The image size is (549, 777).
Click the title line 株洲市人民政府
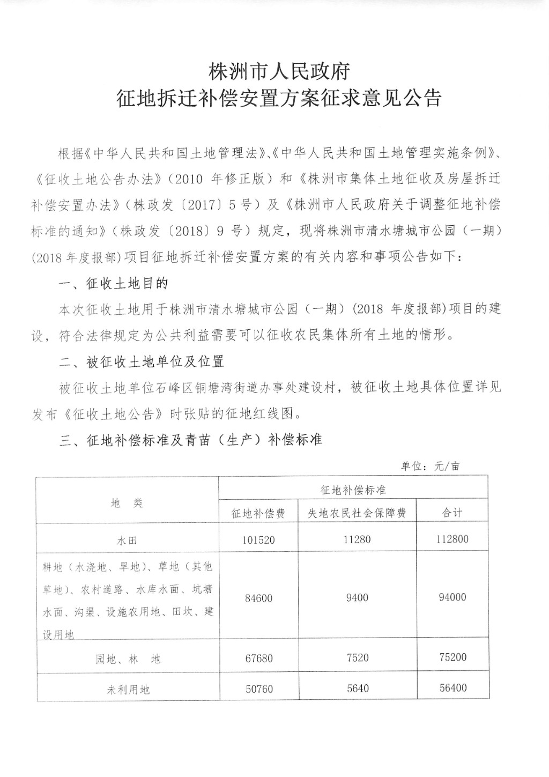coord(279,71)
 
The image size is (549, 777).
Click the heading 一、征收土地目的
coord(114,283)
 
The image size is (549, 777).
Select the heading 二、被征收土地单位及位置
coord(142,362)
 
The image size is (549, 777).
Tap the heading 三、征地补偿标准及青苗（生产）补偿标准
coord(190,441)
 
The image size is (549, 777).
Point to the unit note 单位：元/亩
coord(430,466)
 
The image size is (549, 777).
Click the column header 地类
coord(127,503)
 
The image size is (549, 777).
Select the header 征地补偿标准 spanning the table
coord(353,490)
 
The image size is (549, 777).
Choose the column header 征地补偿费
coord(258,513)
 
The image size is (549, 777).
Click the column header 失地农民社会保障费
coord(357,513)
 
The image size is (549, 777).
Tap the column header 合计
coord(452,513)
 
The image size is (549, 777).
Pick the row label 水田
coord(127,541)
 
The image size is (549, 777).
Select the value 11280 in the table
coord(357,539)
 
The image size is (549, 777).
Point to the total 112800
coord(452,539)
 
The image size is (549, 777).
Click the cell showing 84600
coord(258,598)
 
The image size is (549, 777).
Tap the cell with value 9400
coord(357,597)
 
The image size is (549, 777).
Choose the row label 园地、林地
coord(128,659)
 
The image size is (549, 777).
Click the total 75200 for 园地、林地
coord(452,657)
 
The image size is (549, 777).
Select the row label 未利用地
coord(128,690)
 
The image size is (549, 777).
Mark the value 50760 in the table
coord(258,689)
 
